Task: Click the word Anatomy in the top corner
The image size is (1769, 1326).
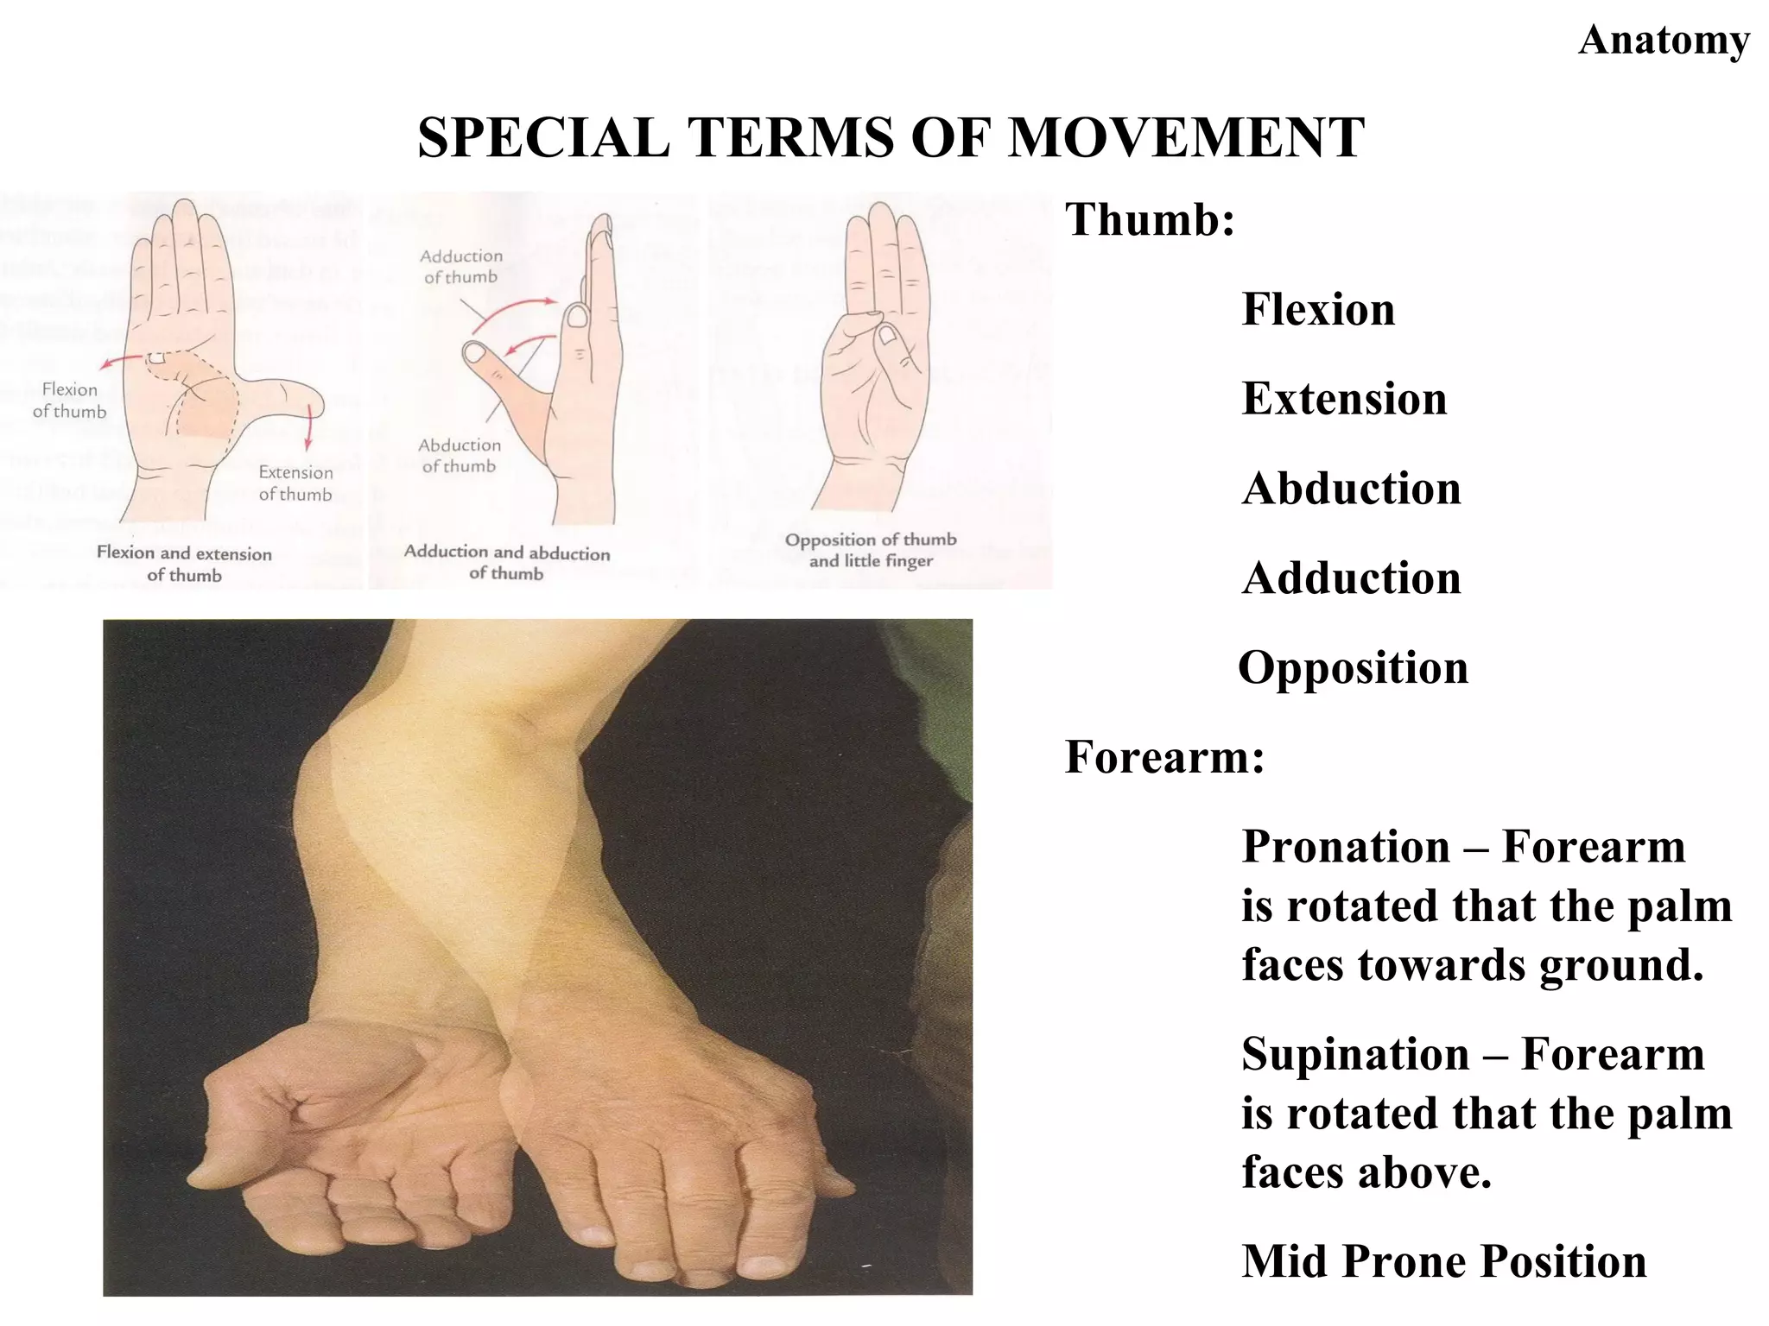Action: [x=1664, y=41]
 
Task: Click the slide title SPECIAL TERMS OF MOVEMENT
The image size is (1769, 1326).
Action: [x=891, y=138]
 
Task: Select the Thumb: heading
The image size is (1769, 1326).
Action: [x=1150, y=219]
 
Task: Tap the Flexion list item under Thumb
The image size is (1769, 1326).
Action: [x=1318, y=310]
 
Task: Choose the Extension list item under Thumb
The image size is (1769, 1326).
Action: [x=1344, y=399]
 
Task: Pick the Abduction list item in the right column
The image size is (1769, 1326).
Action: [x=1351, y=489]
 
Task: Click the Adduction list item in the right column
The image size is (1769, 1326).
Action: [x=1351, y=578]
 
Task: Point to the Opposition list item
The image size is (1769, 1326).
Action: [x=1353, y=668]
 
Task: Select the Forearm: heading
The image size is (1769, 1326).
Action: [x=1164, y=757]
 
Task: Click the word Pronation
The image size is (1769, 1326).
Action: [x=1346, y=847]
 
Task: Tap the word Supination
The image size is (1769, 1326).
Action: [x=1355, y=1055]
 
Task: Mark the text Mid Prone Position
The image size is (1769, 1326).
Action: [x=1444, y=1261]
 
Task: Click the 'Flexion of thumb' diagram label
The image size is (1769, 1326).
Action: [x=69, y=401]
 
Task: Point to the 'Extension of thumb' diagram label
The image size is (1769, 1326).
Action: [x=295, y=483]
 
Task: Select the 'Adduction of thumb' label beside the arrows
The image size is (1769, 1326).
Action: [x=461, y=267]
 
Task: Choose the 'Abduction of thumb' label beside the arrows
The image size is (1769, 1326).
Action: [x=460, y=456]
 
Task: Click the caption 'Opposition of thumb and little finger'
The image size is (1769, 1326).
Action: [x=871, y=550]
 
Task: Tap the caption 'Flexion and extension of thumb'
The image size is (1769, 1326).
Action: [x=184, y=564]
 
